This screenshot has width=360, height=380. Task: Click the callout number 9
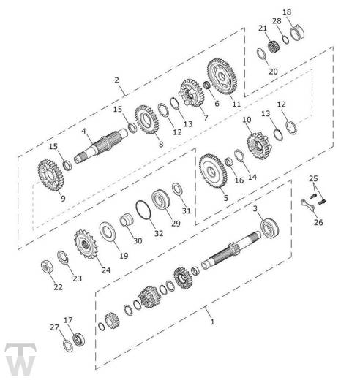(x=63, y=199)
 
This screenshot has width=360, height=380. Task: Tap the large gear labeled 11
(x=222, y=76)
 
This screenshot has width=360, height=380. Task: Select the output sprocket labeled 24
(x=86, y=244)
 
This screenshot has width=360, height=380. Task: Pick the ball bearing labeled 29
(x=161, y=199)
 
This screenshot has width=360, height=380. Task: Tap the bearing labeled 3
(x=269, y=228)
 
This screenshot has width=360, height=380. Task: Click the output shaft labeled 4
(x=101, y=146)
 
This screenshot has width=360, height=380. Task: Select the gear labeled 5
(x=213, y=171)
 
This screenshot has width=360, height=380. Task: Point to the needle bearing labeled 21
(x=274, y=47)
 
